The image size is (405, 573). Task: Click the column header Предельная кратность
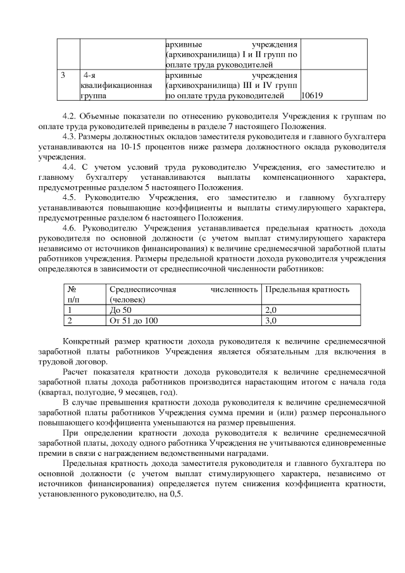tap(308, 289)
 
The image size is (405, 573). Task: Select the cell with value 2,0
tap(271, 310)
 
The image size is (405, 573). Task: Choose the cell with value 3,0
tap(271, 321)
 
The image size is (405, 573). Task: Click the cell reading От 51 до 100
tap(133, 321)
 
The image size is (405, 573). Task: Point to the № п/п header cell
tap(72, 294)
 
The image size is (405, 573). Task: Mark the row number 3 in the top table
tap(63, 75)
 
